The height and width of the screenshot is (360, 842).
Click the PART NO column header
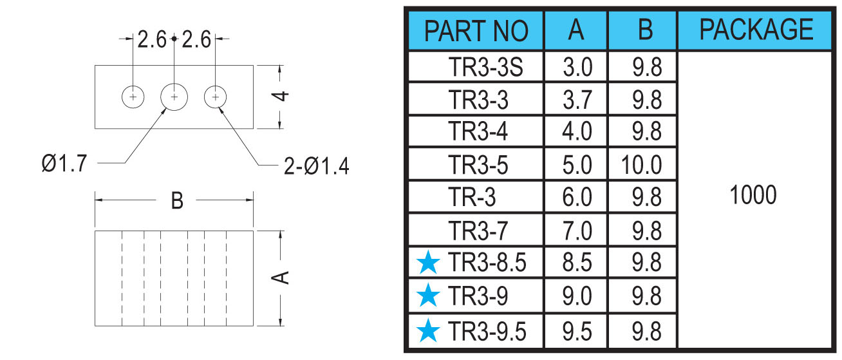(x=476, y=31)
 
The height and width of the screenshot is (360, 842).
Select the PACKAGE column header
(x=756, y=30)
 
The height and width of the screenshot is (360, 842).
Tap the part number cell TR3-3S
(x=485, y=67)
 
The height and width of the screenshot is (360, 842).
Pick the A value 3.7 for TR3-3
(x=577, y=100)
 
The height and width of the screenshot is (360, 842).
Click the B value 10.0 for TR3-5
(x=641, y=165)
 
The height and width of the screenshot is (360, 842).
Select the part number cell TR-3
(x=472, y=196)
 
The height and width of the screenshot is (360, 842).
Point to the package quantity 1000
(x=753, y=195)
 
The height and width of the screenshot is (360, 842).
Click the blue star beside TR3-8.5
(x=428, y=263)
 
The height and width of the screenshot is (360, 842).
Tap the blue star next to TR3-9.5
(x=428, y=330)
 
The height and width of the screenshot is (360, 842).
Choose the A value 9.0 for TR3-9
(x=577, y=296)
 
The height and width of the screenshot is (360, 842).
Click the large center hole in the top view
(x=174, y=97)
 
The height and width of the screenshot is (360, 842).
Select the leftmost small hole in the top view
(x=133, y=97)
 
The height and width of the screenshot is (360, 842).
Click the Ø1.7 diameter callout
(x=64, y=164)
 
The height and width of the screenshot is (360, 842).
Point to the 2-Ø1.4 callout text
(x=317, y=166)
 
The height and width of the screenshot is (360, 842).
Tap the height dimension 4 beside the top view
(x=280, y=96)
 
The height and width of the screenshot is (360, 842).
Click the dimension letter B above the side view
(x=177, y=200)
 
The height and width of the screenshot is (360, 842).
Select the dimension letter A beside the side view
(x=280, y=278)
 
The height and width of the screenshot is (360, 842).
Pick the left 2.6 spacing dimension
(x=151, y=39)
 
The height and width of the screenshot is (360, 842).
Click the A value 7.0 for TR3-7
(x=577, y=231)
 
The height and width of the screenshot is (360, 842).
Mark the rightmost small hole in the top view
(x=216, y=97)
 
